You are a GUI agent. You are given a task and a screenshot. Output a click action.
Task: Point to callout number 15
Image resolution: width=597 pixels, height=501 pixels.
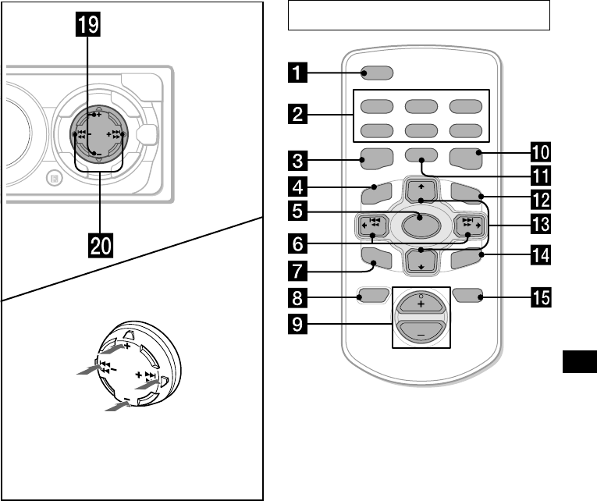click(x=542, y=297)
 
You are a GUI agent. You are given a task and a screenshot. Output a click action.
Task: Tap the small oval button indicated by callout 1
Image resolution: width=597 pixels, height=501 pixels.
click(x=377, y=75)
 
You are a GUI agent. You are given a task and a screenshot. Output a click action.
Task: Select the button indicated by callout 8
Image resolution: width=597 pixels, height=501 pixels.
click(x=371, y=296)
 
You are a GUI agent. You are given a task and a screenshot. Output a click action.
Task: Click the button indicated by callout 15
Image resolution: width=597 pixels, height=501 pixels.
click(x=468, y=296)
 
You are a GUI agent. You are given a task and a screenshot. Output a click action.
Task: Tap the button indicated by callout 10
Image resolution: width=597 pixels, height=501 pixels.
click(x=469, y=159)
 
